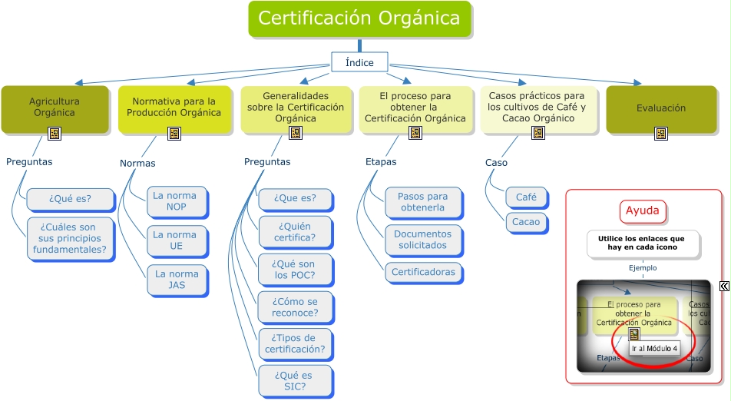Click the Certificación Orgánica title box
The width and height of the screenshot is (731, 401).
(x=359, y=18)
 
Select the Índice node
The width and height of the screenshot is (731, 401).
(x=359, y=62)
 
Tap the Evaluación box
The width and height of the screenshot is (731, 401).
(x=661, y=108)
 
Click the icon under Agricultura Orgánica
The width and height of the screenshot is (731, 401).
(x=55, y=134)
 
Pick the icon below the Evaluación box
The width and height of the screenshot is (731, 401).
(x=661, y=134)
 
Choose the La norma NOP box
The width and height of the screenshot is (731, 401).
(x=177, y=201)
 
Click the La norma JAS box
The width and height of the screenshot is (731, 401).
(x=177, y=280)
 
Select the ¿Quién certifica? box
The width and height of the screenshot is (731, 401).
(x=296, y=232)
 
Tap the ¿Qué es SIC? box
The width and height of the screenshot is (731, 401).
(x=296, y=381)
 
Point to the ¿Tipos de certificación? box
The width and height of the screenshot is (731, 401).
(x=296, y=344)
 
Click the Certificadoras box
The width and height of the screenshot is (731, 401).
(x=423, y=272)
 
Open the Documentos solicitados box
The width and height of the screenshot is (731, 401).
(x=423, y=240)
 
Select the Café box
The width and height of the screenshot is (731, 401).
(x=526, y=197)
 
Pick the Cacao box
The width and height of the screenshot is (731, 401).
(x=526, y=223)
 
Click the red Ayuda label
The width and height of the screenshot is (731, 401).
(x=643, y=210)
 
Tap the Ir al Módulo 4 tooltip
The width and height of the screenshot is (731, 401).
(x=654, y=349)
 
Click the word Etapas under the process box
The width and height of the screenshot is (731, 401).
(x=381, y=162)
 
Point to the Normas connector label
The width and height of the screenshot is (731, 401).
(x=137, y=163)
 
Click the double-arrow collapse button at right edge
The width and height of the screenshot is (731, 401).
(x=725, y=287)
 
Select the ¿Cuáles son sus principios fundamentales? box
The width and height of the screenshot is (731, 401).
(x=70, y=238)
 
